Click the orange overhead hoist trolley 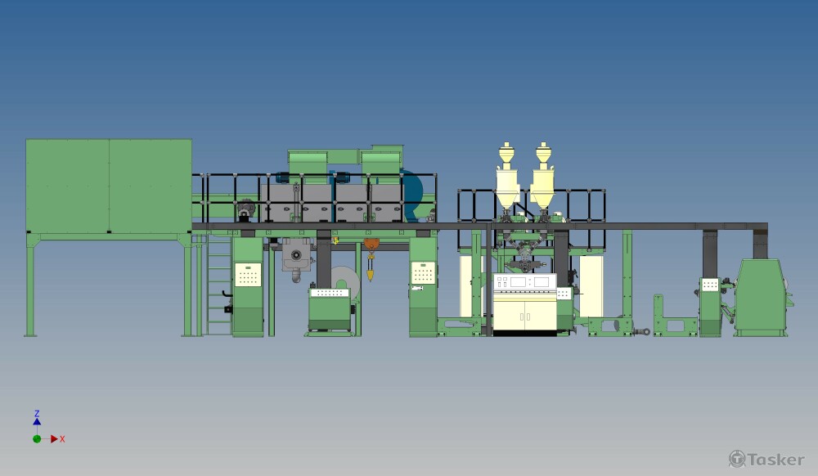[x=371, y=245]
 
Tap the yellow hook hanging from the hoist [x=371, y=274]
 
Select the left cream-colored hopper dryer [x=506, y=177]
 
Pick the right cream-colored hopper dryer [x=543, y=177]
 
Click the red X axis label [x=62, y=439]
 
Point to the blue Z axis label [x=37, y=414]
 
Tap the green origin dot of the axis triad [x=37, y=439]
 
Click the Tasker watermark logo [x=766, y=459]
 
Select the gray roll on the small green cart [x=345, y=281]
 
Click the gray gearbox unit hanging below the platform [x=296, y=257]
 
